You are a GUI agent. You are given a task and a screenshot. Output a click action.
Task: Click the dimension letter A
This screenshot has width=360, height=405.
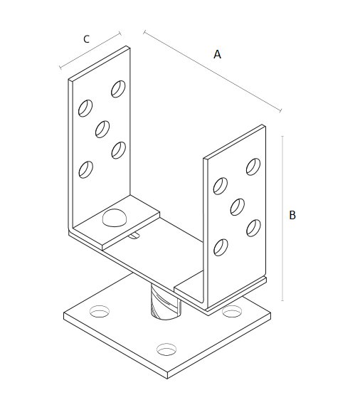point(217,54)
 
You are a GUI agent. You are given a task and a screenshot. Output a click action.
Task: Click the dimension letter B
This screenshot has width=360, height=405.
point(292,215)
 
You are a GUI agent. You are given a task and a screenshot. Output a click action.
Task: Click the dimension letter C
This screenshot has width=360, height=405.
point(87,39)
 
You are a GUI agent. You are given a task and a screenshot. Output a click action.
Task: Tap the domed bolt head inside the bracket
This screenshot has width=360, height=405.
point(115,218)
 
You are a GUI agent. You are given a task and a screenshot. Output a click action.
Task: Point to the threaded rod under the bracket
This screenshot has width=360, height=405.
point(166,302)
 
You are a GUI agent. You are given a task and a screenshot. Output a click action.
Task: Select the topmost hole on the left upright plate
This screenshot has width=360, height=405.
point(118,89)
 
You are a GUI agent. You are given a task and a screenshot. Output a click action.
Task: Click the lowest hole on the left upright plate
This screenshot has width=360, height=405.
point(86,169)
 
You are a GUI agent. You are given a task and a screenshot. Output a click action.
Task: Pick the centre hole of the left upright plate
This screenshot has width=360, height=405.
point(102,129)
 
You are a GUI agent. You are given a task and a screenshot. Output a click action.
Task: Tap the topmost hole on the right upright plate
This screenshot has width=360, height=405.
point(253,167)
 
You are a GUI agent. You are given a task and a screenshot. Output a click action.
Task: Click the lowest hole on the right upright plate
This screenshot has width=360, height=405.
point(221,248)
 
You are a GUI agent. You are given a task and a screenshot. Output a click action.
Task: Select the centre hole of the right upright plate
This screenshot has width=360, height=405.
point(238,207)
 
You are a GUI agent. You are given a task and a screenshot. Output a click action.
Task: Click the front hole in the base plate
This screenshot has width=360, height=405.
point(166,349)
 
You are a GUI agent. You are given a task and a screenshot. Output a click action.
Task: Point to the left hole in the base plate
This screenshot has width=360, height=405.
point(100,311)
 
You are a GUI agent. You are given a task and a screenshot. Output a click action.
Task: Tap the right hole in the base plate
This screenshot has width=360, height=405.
point(232,311)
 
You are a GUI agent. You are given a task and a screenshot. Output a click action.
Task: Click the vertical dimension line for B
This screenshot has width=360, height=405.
point(282,219)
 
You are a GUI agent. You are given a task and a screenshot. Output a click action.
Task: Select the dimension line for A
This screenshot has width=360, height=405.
point(212,72)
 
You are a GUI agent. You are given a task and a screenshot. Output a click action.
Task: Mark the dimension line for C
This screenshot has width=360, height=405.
point(90,51)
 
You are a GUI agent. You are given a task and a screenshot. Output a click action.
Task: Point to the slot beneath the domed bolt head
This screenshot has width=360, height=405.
point(134,235)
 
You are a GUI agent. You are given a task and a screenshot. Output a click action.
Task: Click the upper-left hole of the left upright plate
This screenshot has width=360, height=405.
point(85,108)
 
